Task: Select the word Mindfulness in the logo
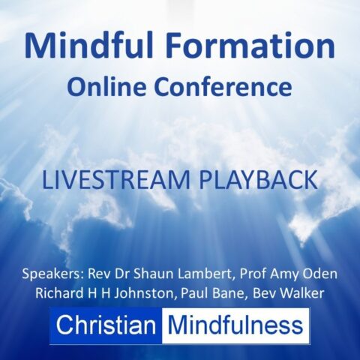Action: coord(235,325)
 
